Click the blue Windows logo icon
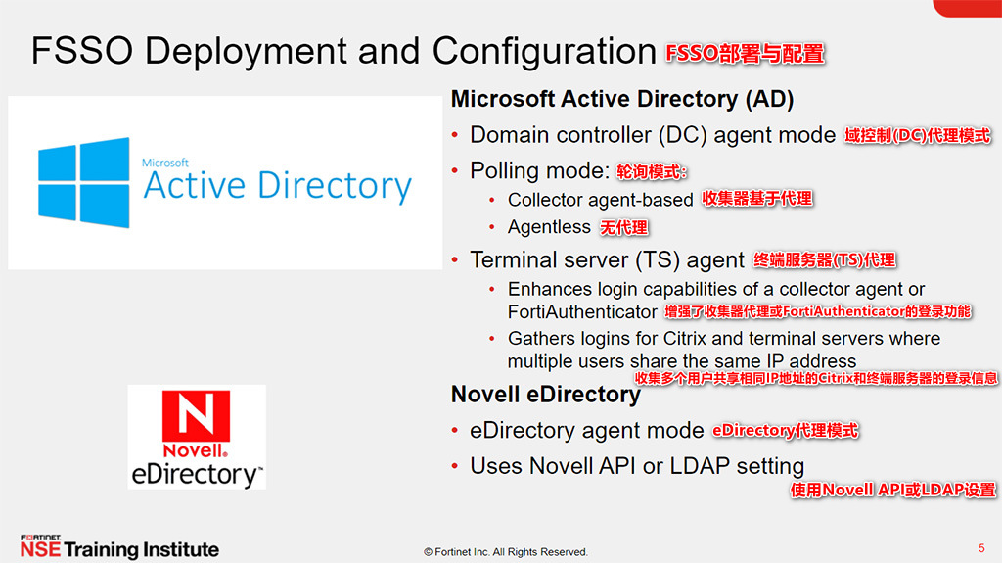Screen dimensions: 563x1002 84,183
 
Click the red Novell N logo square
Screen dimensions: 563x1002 196,418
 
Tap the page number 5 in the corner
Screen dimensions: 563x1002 981,546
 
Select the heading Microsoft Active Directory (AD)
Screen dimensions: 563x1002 621,99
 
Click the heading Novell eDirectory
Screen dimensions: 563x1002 545,394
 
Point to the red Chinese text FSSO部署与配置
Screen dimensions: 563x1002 745,53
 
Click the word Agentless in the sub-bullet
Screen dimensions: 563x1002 549,227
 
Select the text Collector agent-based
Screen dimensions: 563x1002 600,200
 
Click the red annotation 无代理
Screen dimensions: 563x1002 623,228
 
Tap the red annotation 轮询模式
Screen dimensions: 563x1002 652,172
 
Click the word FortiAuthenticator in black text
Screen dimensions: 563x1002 582,311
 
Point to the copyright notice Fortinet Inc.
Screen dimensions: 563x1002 506,552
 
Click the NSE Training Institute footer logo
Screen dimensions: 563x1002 119,548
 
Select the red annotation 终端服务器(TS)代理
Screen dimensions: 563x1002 824,260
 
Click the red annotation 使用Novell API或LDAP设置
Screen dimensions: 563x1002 892,490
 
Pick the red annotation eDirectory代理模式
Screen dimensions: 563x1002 785,431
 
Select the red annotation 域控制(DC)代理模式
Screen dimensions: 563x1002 917,136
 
